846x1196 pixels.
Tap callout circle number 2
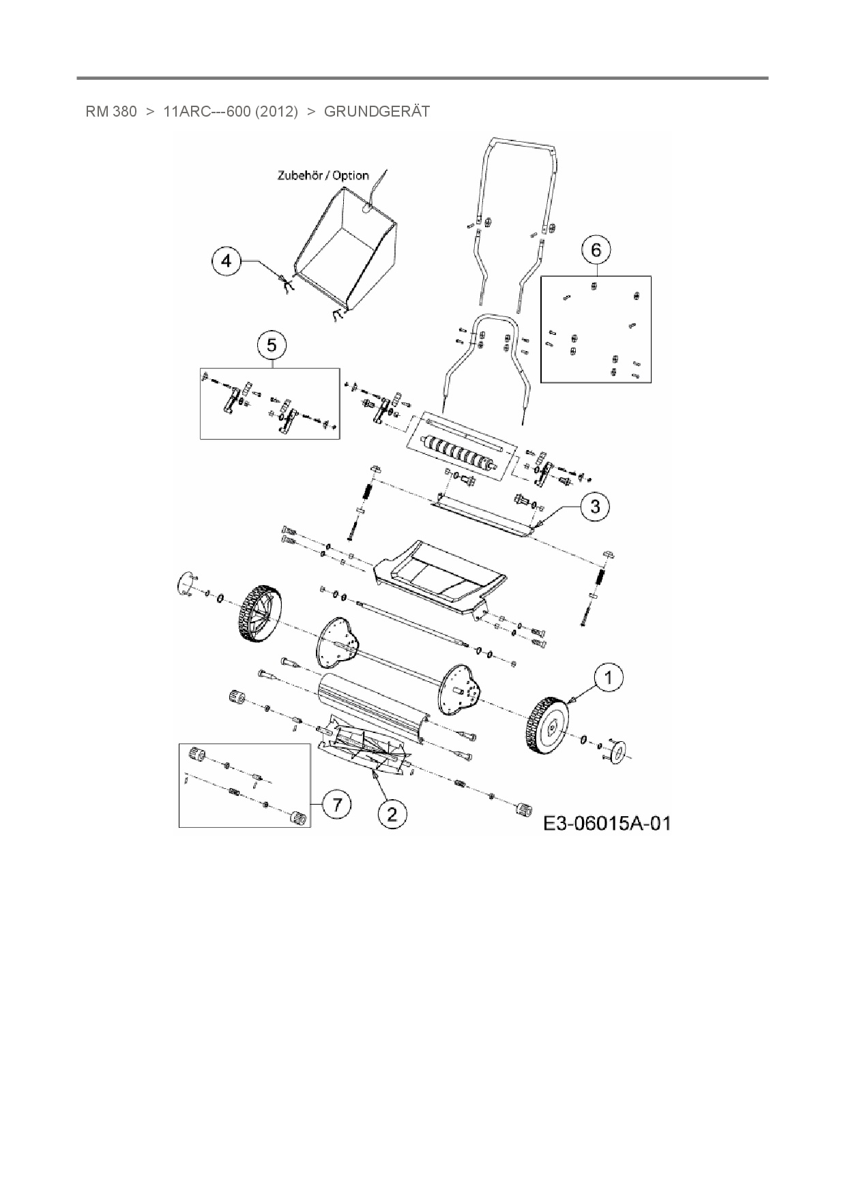coord(392,813)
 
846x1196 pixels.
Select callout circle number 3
coord(596,507)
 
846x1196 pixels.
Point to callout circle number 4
coord(227,261)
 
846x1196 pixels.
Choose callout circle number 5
coord(272,346)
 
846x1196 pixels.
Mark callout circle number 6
coord(596,250)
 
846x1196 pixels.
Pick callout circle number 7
coord(337,805)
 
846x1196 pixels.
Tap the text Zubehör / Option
coord(323,175)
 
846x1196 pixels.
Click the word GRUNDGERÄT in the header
coord(377,111)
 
